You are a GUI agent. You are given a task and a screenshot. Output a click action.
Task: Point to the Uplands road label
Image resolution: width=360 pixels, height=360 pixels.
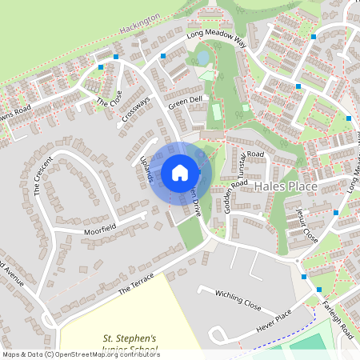146,169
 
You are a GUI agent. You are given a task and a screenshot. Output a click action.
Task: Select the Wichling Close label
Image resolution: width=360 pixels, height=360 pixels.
239,300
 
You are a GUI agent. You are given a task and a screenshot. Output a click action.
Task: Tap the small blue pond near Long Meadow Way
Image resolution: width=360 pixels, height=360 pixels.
202,58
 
